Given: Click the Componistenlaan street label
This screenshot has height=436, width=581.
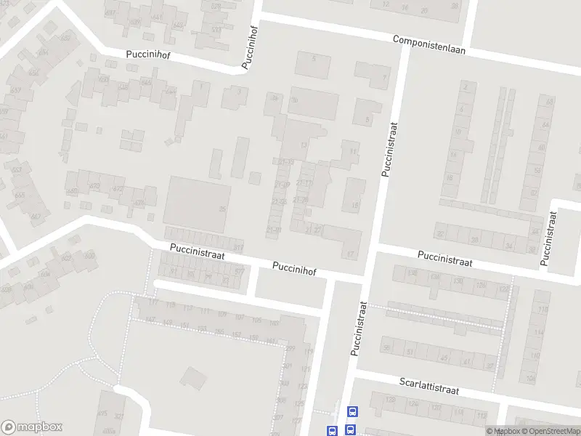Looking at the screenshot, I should coord(428,45).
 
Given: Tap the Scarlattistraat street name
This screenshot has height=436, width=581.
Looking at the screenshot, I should coord(429,385).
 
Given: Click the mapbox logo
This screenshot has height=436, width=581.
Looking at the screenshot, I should coord(32,427).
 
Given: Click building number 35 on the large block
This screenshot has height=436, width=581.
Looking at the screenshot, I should coord(222,209).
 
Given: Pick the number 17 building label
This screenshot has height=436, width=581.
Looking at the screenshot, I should coord(350,254).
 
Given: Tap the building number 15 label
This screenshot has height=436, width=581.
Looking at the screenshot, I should coord(354,206).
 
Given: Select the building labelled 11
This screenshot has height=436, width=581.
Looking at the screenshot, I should coord(353,151).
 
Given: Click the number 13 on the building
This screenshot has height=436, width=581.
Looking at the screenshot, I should coord(304,146).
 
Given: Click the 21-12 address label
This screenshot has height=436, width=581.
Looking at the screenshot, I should coord(304,182).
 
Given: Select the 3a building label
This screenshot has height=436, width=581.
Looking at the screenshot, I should coord(275,99).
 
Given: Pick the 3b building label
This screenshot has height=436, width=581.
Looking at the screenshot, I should coord(295,99).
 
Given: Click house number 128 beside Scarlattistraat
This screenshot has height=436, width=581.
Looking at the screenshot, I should coord(391,400).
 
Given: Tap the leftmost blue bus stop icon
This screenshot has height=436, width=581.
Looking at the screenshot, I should coord(332,430).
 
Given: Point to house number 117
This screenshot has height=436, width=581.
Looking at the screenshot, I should coord(153,302).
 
